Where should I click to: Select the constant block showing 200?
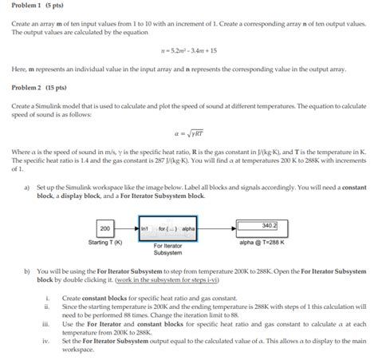[x=104, y=228]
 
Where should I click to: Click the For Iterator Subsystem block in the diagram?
[x=168, y=228]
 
